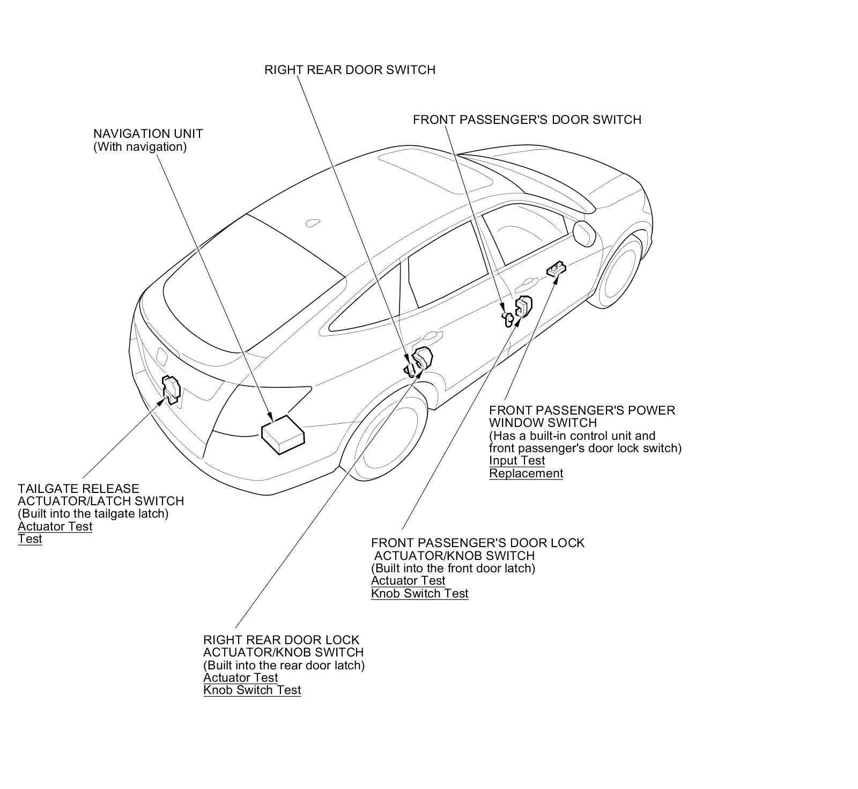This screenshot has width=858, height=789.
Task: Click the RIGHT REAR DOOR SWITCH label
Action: [x=350, y=70]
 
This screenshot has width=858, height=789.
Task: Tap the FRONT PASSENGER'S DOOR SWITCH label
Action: [x=527, y=120]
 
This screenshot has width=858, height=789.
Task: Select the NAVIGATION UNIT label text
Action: [x=148, y=134]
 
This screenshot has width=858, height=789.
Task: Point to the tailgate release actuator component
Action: [x=171, y=388]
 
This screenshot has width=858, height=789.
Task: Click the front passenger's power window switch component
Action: [x=557, y=269]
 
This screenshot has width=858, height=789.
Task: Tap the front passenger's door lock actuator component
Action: [x=523, y=307]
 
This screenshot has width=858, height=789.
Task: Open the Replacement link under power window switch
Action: [x=526, y=473]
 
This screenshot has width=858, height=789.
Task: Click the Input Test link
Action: [x=516, y=460]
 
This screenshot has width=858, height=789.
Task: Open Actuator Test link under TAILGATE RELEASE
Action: [x=55, y=526]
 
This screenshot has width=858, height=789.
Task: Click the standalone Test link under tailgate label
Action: [x=29, y=539]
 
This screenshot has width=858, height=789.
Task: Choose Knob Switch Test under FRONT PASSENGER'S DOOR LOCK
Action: [x=419, y=593]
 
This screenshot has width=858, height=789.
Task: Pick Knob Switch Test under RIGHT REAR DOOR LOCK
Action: [x=252, y=690]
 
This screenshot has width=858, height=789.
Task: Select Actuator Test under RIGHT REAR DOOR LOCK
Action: [x=240, y=677]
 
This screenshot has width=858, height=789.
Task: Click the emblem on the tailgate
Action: [x=161, y=356]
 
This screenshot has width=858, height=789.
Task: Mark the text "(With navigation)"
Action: [x=140, y=146]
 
